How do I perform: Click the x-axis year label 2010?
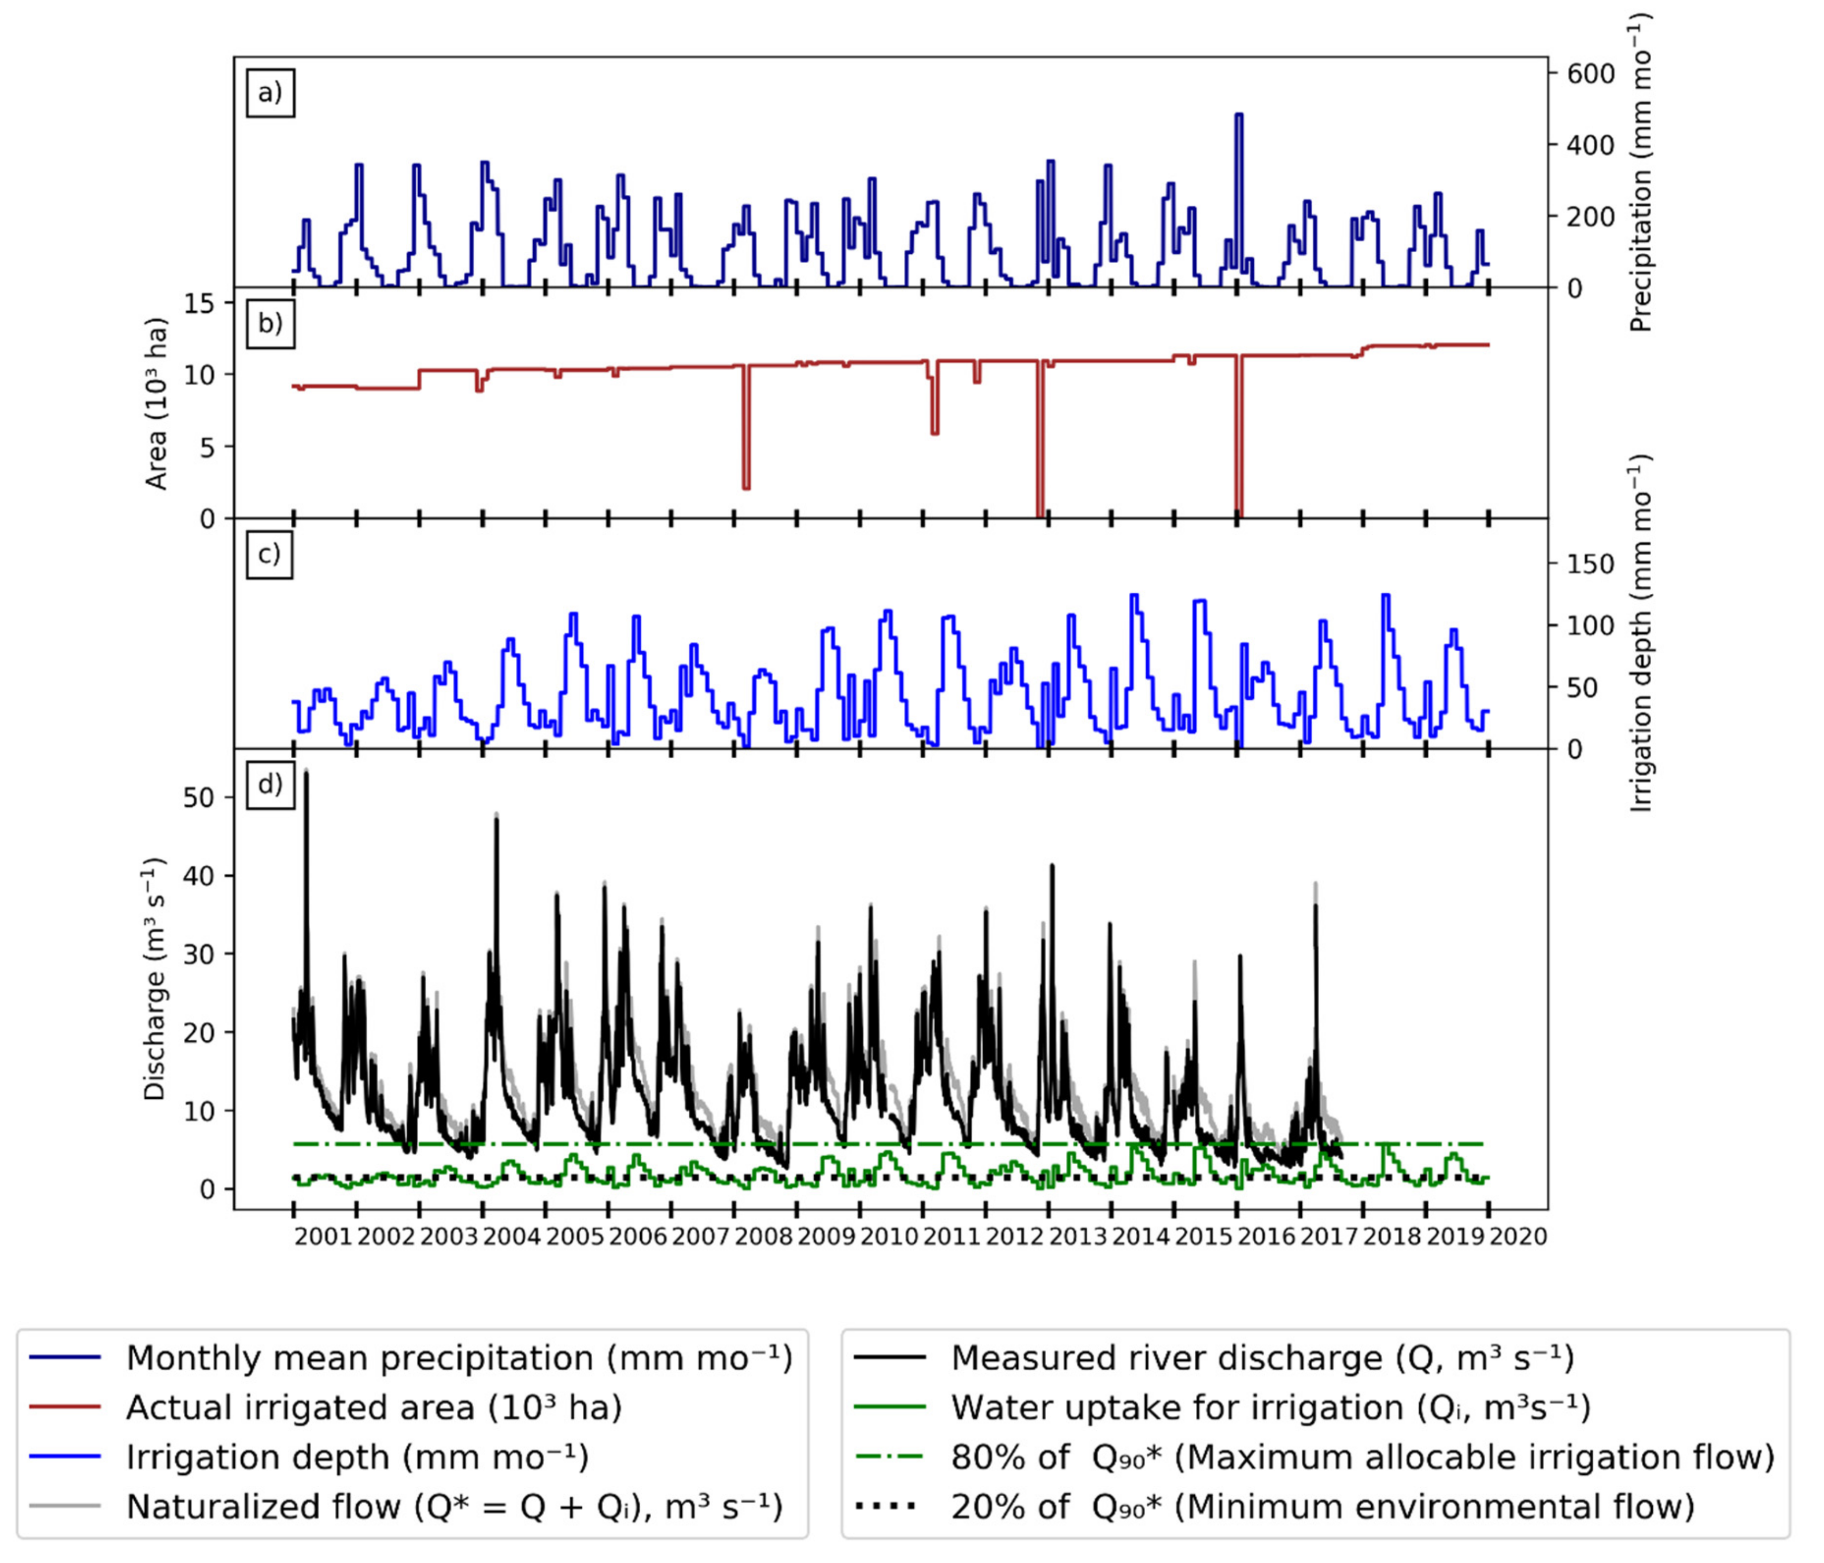pos(889,1236)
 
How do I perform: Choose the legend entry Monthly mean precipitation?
pos(458,1358)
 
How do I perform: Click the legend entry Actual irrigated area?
pos(374,1407)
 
